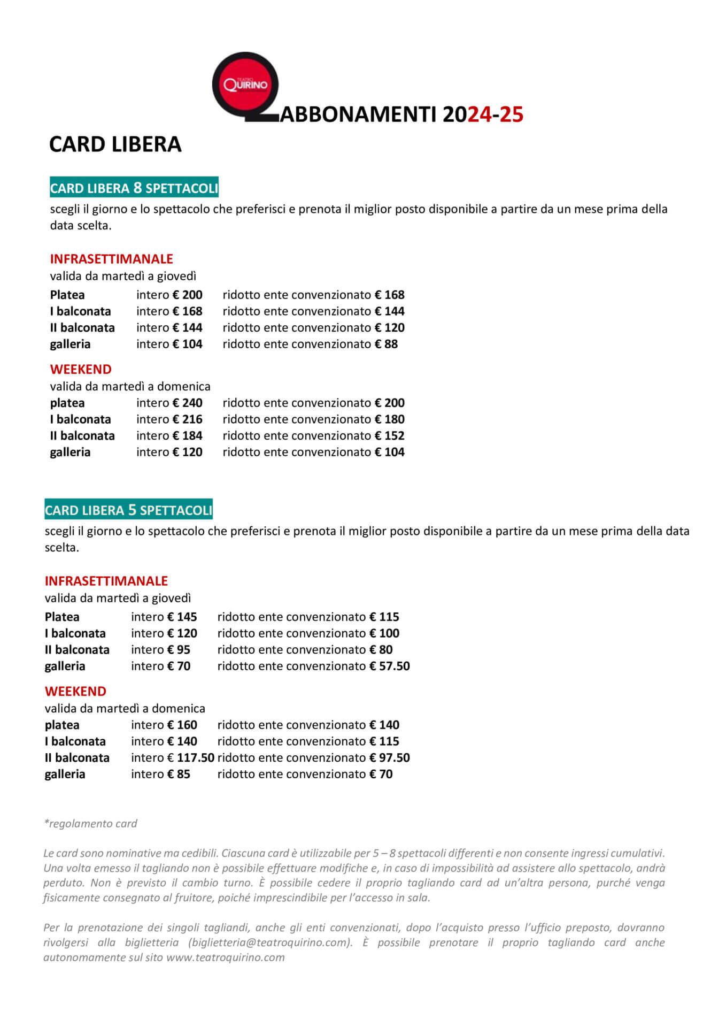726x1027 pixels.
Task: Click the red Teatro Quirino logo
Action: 245,85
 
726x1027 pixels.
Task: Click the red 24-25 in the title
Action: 496,114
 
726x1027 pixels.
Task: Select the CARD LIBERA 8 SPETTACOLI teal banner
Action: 134,188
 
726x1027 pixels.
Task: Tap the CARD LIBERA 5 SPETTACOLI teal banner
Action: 128,510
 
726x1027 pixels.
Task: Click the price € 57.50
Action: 390,666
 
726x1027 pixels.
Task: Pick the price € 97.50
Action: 390,757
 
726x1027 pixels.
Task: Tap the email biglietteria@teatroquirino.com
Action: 270,942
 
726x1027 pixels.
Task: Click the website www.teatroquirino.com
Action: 225,957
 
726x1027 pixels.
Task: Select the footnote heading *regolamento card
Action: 90,823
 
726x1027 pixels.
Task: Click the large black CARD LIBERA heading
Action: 115,144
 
